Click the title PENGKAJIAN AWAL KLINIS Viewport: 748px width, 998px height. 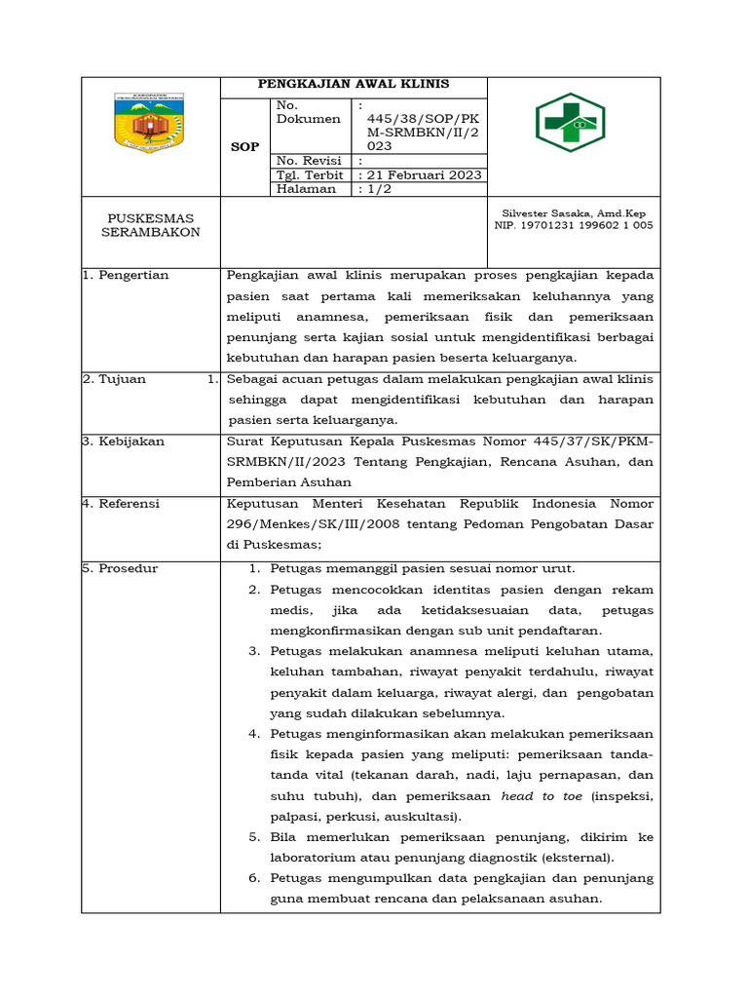353,85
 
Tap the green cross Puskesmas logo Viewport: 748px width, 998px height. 571,123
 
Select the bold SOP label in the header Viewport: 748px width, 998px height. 244,147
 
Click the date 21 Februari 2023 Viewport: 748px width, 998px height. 421,175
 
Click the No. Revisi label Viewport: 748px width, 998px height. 305,161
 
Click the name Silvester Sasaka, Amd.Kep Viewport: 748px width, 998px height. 573,212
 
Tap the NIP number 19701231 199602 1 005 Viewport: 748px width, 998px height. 574,225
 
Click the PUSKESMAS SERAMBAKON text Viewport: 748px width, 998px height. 150,225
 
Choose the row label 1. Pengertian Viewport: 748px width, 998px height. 126,275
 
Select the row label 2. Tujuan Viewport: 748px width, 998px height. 114,379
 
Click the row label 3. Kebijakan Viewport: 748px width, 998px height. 124,441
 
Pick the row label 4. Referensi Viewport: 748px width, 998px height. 122,504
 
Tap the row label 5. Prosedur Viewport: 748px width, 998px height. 120,568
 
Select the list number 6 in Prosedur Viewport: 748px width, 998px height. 252,878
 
